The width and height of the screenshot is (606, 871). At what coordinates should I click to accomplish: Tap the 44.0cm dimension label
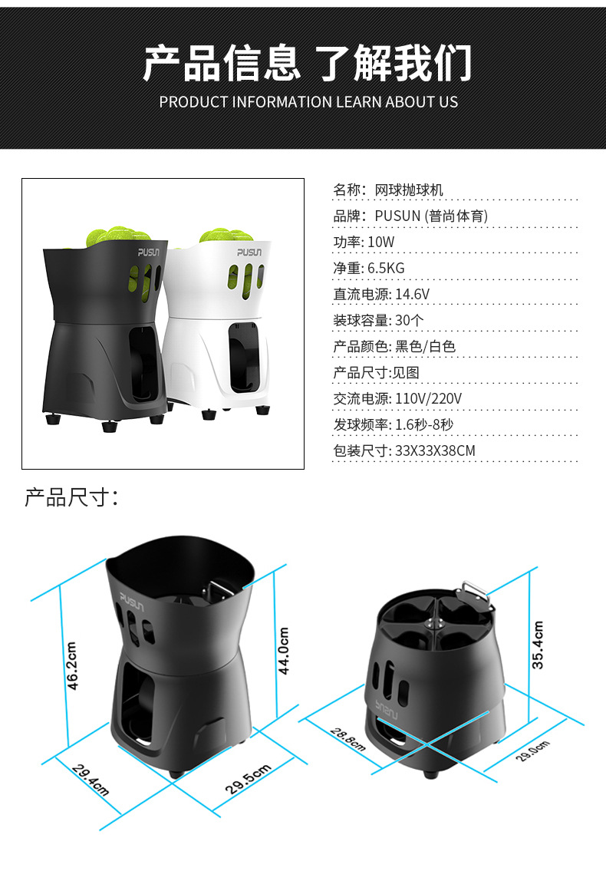click(x=283, y=650)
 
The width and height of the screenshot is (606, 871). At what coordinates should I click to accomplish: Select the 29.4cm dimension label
click(x=91, y=780)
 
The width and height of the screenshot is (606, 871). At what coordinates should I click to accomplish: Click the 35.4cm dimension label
click(x=538, y=645)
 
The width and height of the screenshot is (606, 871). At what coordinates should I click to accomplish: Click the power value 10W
click(x=381, y=242)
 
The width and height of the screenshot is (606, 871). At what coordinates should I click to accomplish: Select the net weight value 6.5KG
click(x=386, y=269)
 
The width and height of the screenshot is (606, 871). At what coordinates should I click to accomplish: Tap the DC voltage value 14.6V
click(x=412, y=295)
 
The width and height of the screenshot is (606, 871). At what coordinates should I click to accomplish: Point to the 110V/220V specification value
click(x=428, y=398)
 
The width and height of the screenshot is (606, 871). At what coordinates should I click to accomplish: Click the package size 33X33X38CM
click(x=435, y=450)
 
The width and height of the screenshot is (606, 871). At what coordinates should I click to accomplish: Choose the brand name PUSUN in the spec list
click(x=397, y=216)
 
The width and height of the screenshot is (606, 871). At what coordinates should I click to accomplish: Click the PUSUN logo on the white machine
click(x=249, y=252)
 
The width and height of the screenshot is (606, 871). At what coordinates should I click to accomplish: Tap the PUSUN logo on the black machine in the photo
click(x=150, y=252)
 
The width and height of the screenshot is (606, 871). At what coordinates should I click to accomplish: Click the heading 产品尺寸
click(x=71, y=497)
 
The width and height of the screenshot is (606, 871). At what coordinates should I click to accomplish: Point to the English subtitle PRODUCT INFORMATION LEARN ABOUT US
click(x=308, y=102)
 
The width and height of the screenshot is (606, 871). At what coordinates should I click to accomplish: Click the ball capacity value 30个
click(x=409, y=320)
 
